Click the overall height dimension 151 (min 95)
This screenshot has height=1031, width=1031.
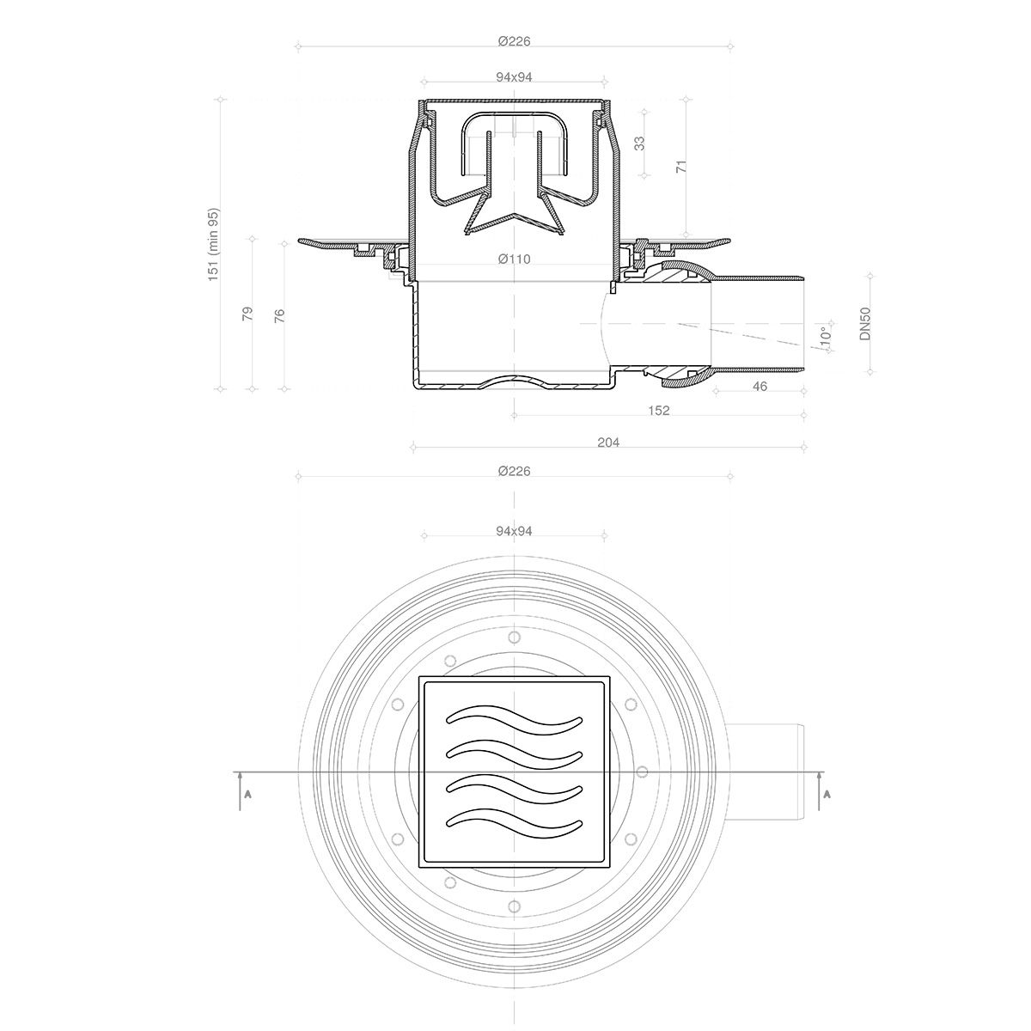tap(214, 242)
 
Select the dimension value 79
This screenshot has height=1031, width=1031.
tap(247, 314)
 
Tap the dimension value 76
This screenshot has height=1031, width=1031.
tap(279, 314)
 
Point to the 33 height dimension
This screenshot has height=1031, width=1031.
tap(639, 143)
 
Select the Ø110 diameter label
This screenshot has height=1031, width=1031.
tap(514, 259)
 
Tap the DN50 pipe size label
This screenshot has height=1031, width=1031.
tap(866, 325)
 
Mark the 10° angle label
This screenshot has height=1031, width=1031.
tap(825, 336)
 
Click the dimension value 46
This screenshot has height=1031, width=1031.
tap(760, 387)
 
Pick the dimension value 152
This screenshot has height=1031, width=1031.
tap(658, 411)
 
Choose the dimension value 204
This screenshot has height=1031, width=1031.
tap(608, 442)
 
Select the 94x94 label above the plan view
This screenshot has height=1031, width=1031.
tap(514, 531)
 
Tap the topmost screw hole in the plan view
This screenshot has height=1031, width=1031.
tap(514, 637)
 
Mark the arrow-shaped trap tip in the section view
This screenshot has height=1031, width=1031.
tap(514, 221)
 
